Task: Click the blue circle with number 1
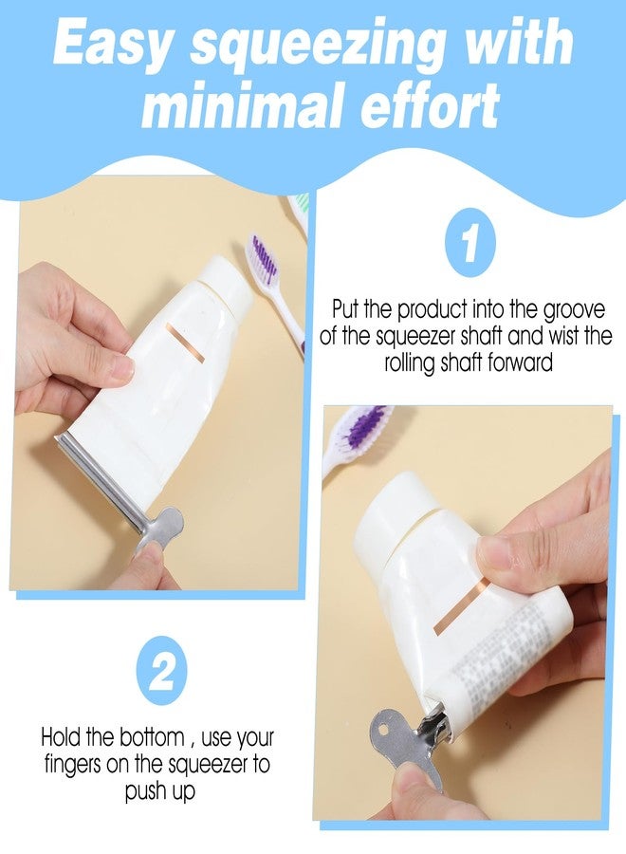coord(470,242)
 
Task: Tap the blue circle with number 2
coord(161,671)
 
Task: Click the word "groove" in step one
coord(574,309)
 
